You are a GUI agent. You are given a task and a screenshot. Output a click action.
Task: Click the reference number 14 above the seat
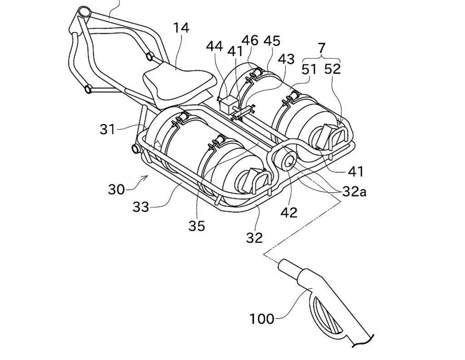[181, 28]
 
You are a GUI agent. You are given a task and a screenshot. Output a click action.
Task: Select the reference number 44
[214, 47]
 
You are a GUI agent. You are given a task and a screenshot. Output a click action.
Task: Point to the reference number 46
[250, 40]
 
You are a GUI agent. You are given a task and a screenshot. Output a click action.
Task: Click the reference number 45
[272, 41]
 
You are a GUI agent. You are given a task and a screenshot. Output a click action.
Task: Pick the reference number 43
[286, 59]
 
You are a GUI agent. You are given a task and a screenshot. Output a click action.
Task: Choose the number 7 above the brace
[322, 47]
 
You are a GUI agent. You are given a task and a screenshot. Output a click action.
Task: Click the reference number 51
[309, 70]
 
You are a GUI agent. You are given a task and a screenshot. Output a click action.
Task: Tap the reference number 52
[332, 69]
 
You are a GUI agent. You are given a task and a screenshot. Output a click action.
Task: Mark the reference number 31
[107, 129]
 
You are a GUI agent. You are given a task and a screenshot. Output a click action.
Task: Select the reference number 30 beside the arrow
[116, 189]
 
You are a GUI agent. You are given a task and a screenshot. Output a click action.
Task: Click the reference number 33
[141, 206]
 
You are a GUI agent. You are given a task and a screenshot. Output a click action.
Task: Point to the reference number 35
[197, 226]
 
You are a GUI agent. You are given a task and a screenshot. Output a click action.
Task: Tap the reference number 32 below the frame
[254, 238]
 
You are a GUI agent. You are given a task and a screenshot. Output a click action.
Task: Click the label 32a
[354, 192]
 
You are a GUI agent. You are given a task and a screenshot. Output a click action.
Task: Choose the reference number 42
[289, 212]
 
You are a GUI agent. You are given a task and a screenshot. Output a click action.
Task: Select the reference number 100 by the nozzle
[262, 319]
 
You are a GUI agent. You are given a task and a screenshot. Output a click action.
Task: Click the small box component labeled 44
[228, 104]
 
